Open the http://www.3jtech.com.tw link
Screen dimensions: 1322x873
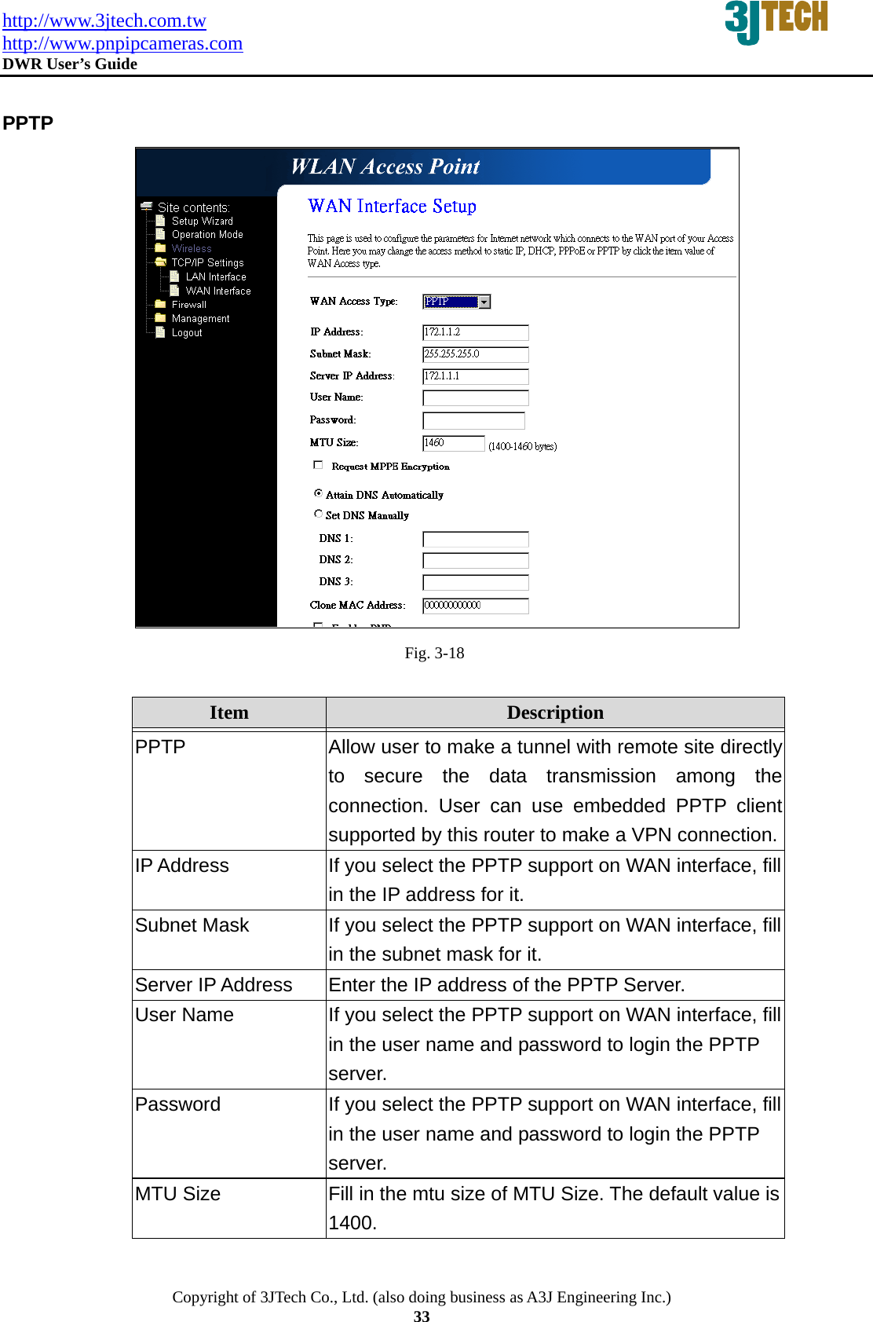tap(104, 20)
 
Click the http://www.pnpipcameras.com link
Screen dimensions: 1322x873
tap(122, 43)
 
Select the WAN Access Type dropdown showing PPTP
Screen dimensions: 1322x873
tap(456, 302)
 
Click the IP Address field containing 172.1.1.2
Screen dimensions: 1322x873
tap(475, 332)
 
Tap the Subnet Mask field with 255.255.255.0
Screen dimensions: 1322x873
tap(475, 354)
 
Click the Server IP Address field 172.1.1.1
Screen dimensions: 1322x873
tap(475, 376)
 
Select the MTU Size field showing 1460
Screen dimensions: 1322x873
tap(453, 443)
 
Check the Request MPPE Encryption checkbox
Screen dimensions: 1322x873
tap(318, 465)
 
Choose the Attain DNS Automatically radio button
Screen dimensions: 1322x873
tap(318, 493)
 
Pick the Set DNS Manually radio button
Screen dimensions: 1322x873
tap(318, 514)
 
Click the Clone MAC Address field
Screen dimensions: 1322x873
tap(475, 606)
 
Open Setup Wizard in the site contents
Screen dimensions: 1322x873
tap(202, 222)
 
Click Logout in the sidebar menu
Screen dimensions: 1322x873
tap(187, 333)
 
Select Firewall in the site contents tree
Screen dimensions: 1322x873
tap(188, 305)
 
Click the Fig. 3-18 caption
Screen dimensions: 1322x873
tap(434, 653)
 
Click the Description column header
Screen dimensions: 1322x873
tap(555, 712)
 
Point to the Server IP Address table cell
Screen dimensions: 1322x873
tap(214, 985)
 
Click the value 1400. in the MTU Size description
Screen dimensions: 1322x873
tap(352, 1223)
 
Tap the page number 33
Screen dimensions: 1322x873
tap(422, 1317)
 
